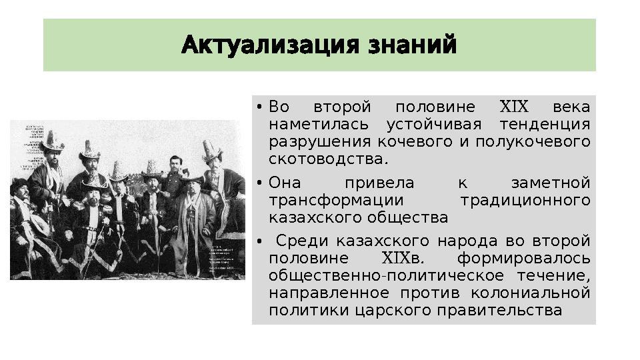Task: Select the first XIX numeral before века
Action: [x=513, y=107]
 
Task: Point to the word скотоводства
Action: [x=327, y=159]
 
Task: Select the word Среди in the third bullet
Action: [x=302, y=241]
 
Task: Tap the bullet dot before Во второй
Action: [x=257, y=108]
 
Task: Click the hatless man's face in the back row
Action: [x=176, y=164]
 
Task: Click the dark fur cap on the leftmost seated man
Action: [x=20, y=183]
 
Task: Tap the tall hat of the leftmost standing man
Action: [x=52, y=139]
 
